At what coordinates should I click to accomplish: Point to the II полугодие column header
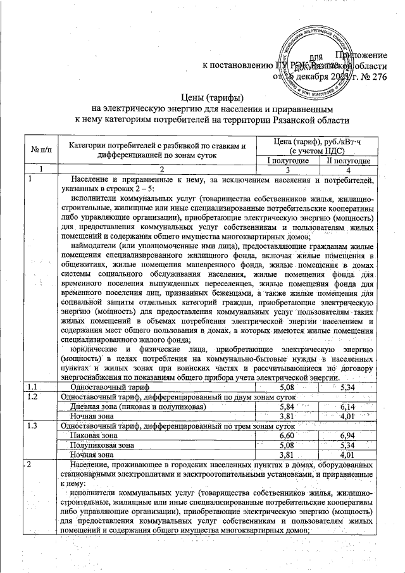(345, 161)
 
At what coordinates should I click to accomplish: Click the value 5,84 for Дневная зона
(287, 406)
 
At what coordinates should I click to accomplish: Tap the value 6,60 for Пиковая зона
(287, 436)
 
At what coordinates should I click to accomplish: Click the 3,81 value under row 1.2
(287, 416)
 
